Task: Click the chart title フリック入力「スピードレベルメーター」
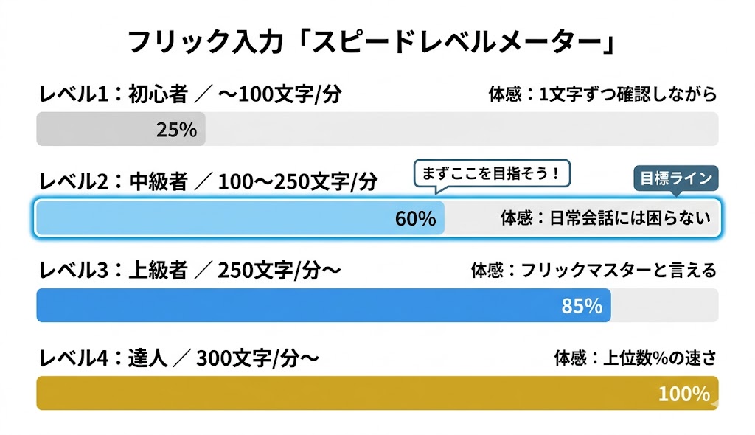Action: tap(372, 42)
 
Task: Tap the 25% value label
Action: tap(176, 130)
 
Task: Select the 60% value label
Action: tap(416, 218)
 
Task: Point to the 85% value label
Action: tap(582, 305)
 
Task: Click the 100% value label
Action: tap(683, 394)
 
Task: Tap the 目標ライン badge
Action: tap(675, 178)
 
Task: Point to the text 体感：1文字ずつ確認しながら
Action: tap(602, 94)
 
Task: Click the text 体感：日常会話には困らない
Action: tap(605, 218)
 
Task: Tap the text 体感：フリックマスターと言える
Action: tap(594, 271)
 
